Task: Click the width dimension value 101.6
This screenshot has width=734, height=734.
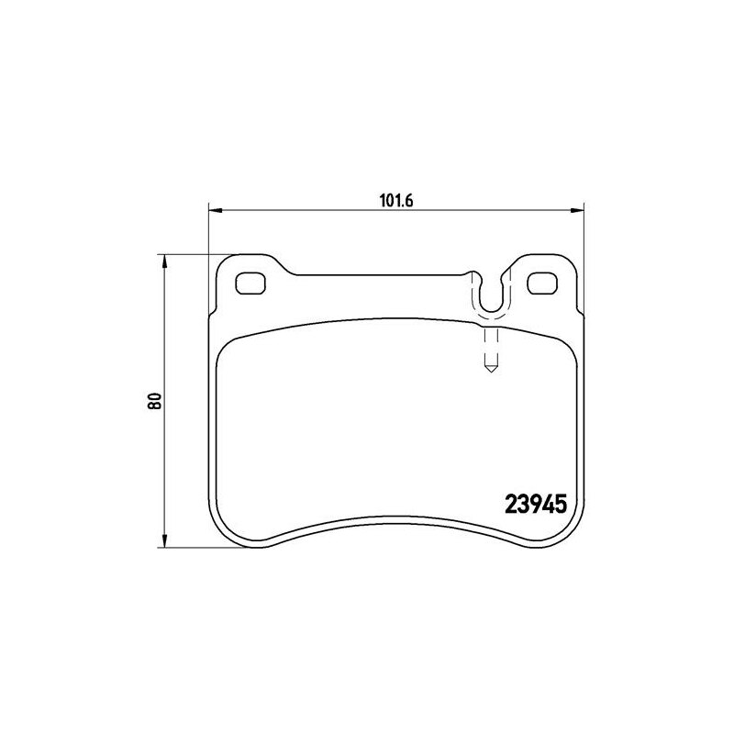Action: [x=397, y=200]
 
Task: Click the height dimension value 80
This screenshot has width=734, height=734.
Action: [x=154, y=401]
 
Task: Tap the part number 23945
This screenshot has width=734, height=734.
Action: [x=536, y=505]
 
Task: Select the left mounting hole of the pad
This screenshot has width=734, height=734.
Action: [x=250, y=284]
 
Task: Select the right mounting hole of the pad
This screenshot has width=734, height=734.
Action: [x=542, y=284]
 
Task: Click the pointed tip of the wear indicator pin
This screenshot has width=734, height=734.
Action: [x=490, y=372]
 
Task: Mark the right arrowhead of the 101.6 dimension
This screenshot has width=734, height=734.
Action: [x=578, y=211]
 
